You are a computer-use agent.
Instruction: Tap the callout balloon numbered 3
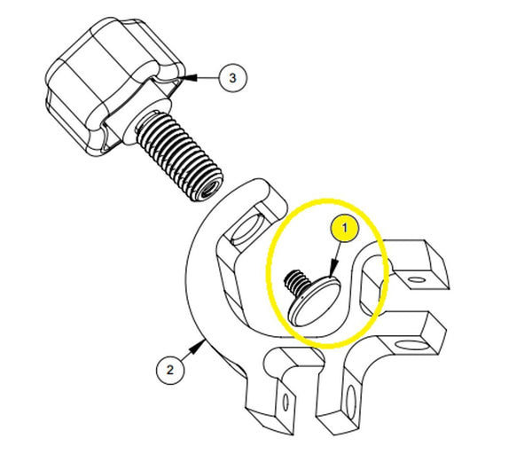click(x=232, y=78)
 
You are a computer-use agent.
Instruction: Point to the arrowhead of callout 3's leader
click(x=187, y=78)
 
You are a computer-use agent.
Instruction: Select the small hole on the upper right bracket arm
click(x=416, y=281)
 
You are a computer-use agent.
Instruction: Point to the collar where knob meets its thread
click(x=142, y=123)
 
